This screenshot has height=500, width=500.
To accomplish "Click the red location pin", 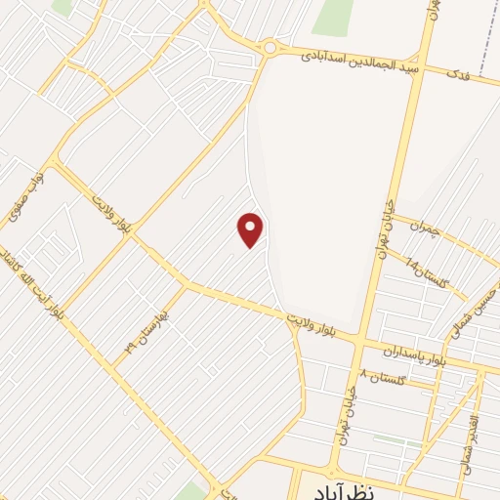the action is point(251,229).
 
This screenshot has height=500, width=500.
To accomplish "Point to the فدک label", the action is point(457,73).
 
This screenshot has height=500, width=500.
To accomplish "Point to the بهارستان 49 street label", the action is point(146,332).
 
